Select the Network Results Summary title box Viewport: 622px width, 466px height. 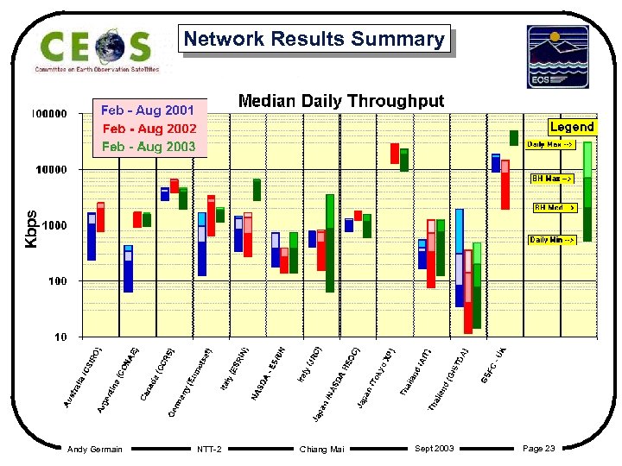pyautogui.click(x=314, y=40)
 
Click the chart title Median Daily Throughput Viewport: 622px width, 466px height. pyautogui.click(x=340, y=101)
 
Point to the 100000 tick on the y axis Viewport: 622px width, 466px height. pyautogui.click(x=50, y=114)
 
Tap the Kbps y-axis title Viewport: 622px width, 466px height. pyautogui.click(x=31, y=230)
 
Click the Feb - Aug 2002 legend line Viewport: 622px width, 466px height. pyautogui.click(x=149, y=129)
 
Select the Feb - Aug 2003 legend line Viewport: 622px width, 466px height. pyautogui.click(x=149, y=147)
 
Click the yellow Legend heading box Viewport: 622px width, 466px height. pyautogui.click(x=572, y=127)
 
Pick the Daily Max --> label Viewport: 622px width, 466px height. pyautogui.click(x=550, y=145)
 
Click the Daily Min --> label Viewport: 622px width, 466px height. pyautogui.click(x=552, y=239)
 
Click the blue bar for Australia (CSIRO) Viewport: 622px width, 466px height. pyautogui.click(x=92, y=236)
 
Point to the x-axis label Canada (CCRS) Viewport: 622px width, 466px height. pyautogui.click(x=160, y=374)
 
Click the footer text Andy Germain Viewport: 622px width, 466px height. pyautogui.click(x=95, y=449)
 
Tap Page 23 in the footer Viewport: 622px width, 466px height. pyautogui.click(x=539, y=448)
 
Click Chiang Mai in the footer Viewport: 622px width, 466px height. pyautogui.click(x=321, y=449)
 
